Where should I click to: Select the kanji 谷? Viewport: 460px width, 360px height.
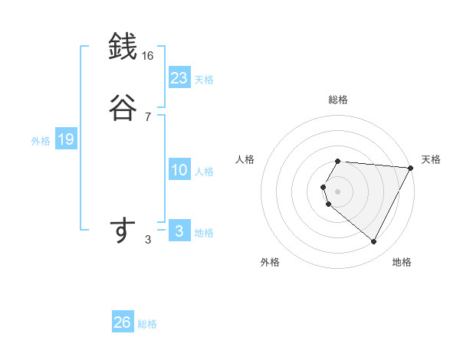pyautogui.click(x=122, y=106)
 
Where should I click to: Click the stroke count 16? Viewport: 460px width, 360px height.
pyautogui.click(x=147, y=56)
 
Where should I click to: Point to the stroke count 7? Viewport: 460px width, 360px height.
pyautogui.click(x=147, y=116)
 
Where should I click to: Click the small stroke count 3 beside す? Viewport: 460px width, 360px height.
pyautogui.click(x=147, y=240)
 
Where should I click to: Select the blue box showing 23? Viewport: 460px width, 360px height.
pyautogui.click(x=179, y=78)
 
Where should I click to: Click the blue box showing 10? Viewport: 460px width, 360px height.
pyautogui.click(x=179, y=171)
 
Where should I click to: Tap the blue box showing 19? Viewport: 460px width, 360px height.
pyautogui.click(x=65, y=139)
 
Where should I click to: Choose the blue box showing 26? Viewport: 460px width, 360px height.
pyautogui.click(x=122, y=322)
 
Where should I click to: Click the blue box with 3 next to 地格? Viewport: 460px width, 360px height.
pyautogui.click(x=179, y=231)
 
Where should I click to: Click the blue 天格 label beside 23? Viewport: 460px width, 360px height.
pyautogui.click(x=204, y=80)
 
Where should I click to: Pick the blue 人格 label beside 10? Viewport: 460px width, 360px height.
pyautogui.click(x=204, y=172)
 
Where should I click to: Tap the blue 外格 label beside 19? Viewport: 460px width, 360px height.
pyautogui.click(x=41, y=141)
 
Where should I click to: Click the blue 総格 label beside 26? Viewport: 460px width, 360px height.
pyautogui.click(x=147, y=324)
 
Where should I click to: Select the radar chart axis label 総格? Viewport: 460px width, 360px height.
pyautogui.click(x=337, y=100)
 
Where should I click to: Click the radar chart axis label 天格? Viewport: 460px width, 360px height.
pyautogui.click(x=431, y=159)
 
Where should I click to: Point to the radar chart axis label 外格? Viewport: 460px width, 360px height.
pyautogui.click(x=270, y=262)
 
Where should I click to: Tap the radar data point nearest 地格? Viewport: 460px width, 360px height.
pyautogui.click(x=373, y=242)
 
